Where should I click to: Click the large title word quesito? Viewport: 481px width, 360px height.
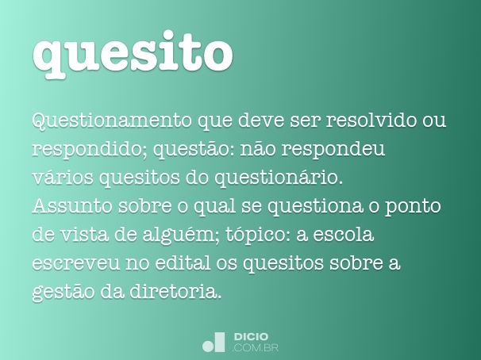tap(133, 55)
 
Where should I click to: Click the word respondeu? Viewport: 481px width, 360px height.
tap(333, 150)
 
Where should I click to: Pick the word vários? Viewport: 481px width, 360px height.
tap(63, 177)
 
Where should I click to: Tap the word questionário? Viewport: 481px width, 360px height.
tap(279, 178)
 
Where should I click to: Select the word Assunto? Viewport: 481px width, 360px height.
tap(72, 206)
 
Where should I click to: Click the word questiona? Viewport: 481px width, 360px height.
tap(315, 207)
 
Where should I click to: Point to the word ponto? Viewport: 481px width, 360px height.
tap(414, 207)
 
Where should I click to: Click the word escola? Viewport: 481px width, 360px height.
tap(344, 235)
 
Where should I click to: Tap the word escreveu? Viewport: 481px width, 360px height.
tap(75, 263)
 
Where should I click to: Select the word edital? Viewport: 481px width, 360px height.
tap(183, 262)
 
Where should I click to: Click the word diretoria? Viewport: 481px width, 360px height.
tap(175, 291)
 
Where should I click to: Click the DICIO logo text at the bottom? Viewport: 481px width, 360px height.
tap(252, 337)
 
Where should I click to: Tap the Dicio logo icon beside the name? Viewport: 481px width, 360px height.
tap(214, 343)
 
